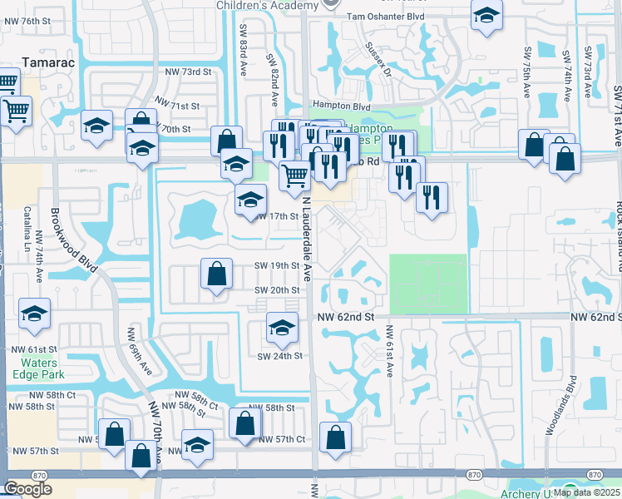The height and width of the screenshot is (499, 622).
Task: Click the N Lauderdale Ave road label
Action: tap(306, 249)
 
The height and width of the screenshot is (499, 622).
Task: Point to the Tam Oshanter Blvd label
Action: tap(385, 16)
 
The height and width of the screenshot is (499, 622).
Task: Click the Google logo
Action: tap(27, 488)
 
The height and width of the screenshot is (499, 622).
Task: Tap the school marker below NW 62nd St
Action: tap(282, 329)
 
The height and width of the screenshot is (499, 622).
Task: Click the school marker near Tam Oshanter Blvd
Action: tap(486, 14)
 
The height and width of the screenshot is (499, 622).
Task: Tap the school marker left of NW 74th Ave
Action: tap(34, 314)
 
